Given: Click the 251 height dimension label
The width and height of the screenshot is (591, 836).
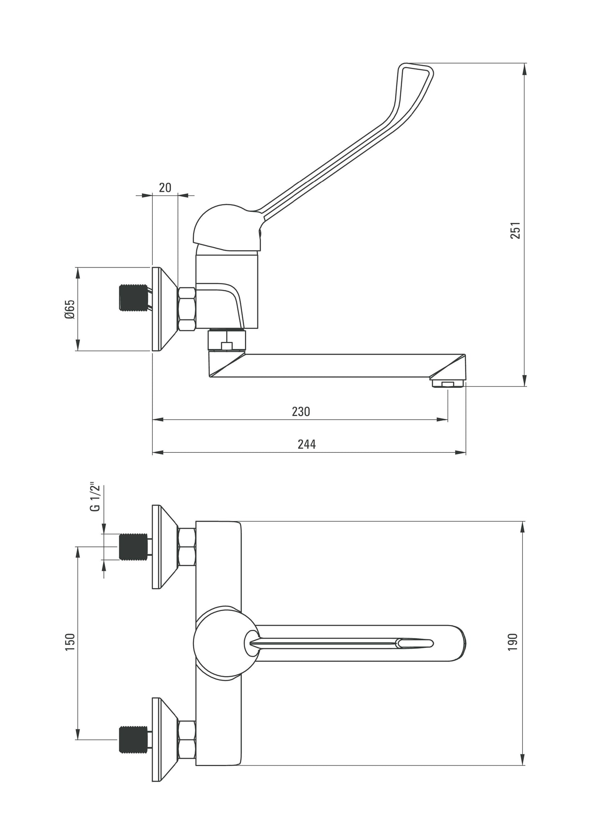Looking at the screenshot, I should (516, 230).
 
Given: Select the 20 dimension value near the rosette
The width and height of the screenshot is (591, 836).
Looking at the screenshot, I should (165, 188).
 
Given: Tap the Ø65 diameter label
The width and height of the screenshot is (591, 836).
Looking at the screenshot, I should (70, 309).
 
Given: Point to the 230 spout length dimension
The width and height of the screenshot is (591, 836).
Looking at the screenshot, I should (301, 411).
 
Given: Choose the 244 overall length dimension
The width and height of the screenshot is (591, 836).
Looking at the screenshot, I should (306, 444).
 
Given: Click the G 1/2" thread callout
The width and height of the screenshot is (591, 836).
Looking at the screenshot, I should (95, 497).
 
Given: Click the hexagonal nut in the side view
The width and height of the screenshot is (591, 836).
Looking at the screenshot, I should (187, 309).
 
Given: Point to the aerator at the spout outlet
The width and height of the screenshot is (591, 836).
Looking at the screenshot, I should (448, 383).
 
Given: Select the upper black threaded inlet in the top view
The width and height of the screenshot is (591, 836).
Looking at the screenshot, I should (133, 546).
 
